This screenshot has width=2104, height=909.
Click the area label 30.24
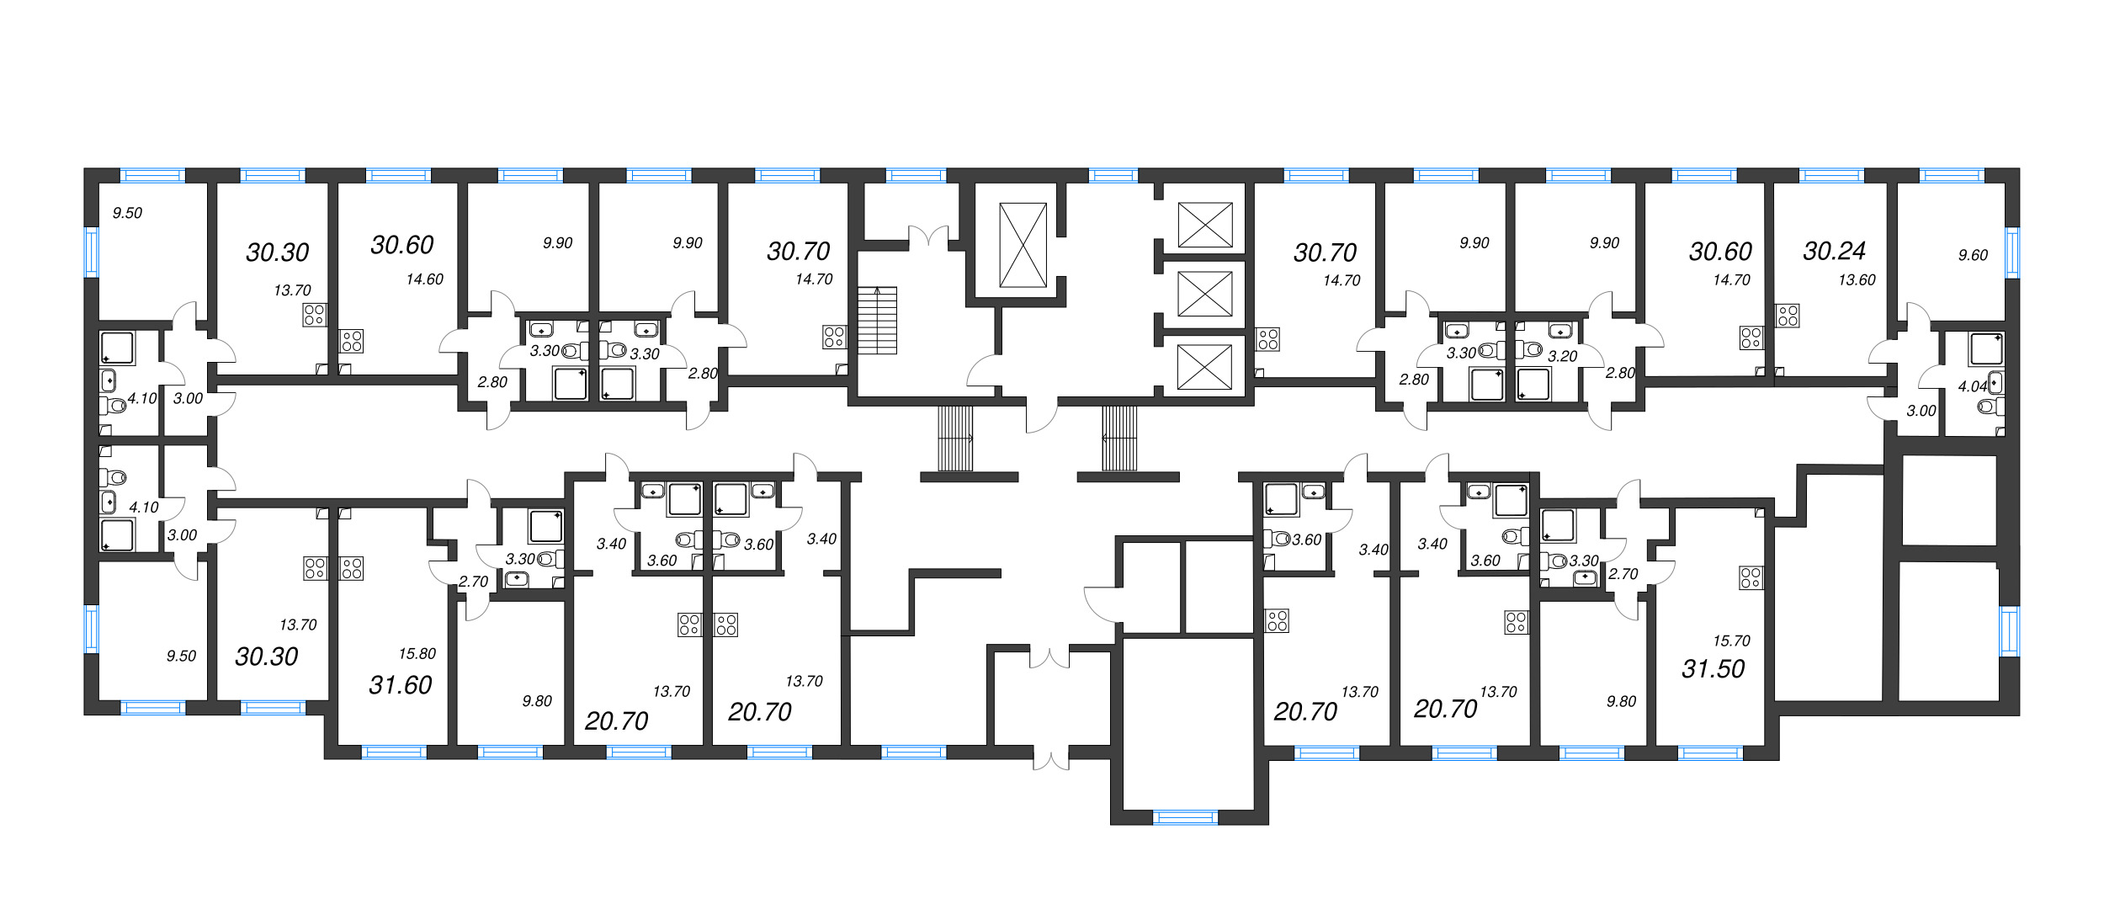tap(1834, 251)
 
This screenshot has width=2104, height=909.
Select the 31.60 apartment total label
tap(400, 685)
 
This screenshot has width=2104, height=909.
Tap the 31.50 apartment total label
tap(1713, 669)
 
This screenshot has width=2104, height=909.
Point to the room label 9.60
tap(1973, 255)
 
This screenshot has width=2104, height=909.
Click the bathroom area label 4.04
tap(1972, 386)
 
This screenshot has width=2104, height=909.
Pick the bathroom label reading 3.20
tap(1562, 357)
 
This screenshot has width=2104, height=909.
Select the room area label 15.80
tap(417, 654)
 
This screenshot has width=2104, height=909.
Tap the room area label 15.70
tap(1731, 641)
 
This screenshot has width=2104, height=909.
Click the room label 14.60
tap(424, 279)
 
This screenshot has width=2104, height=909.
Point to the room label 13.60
tap(1857, 280)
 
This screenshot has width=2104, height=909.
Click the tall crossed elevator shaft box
tap(1023, 245)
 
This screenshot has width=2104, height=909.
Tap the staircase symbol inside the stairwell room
tap(877, 320)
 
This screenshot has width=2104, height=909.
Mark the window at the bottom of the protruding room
tap(1184, 816)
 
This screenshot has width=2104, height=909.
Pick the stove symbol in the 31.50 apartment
tap(1751, 578)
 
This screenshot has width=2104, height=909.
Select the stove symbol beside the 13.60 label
tap(1788, 316)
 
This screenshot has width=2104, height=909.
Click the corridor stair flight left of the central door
tap(955, 439)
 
